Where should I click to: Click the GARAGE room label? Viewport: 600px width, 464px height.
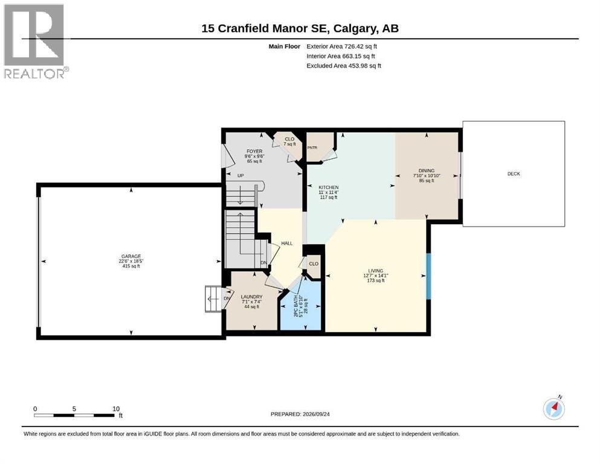[131, 256]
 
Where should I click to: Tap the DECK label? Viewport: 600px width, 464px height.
[514, 173]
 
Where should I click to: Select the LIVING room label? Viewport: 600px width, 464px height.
[375, 271]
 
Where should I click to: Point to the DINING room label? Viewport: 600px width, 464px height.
[426, 170]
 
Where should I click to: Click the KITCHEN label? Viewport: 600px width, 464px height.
[329, 187]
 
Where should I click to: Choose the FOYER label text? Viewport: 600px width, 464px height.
[254, 152]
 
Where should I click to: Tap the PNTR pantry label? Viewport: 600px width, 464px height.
[312, 147]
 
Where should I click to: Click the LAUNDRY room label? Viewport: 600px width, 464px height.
[251, 297]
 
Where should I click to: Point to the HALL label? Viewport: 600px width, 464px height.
[286, 243]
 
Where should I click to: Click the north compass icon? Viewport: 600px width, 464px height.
[554, 408]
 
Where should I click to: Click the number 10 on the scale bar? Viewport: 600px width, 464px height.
[116, 408]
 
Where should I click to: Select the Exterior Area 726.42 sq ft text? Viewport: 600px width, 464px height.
[342, 47]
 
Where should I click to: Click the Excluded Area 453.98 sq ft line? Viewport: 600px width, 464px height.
[344, 66]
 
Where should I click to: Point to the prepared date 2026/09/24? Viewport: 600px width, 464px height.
[316, 414]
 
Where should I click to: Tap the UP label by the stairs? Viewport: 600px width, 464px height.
[240, 176]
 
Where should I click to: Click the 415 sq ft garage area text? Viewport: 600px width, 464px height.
[131, 266]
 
